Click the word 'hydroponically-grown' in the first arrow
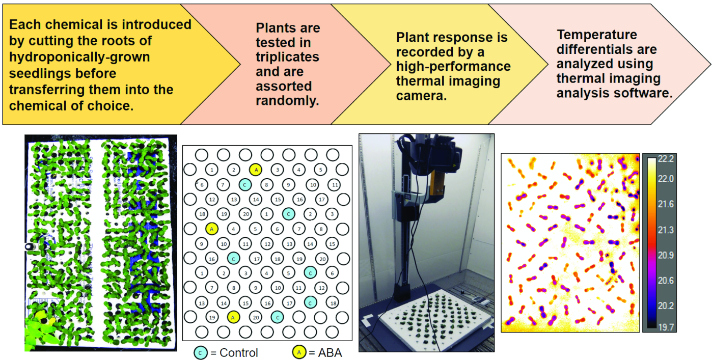[79, 57]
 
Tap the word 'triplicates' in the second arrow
[287, 57]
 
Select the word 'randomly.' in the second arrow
[287, 101]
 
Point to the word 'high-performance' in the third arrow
[453, 67]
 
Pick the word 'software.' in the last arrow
[647, 94]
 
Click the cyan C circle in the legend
[200, 352]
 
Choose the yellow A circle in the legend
[298, 352]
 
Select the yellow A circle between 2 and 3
[255, 170]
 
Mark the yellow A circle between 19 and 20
[233, 317]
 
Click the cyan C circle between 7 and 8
[244, 184]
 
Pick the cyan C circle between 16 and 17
[233, 258]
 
